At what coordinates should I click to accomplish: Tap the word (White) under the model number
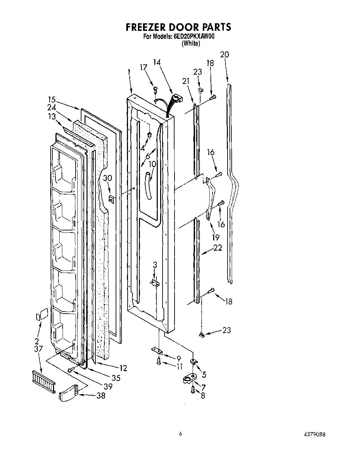191,43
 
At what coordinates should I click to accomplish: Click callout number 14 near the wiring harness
157,62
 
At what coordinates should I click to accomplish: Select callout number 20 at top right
224,54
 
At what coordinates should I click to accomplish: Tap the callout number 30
107,178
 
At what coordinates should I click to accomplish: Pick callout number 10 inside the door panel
152,164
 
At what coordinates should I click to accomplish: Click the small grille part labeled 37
43,381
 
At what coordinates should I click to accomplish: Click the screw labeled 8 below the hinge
193,389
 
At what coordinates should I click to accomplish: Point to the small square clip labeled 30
111,198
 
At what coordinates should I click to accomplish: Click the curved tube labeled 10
149,187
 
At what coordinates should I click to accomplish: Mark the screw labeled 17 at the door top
156,90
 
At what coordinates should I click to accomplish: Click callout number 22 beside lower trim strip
218,247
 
